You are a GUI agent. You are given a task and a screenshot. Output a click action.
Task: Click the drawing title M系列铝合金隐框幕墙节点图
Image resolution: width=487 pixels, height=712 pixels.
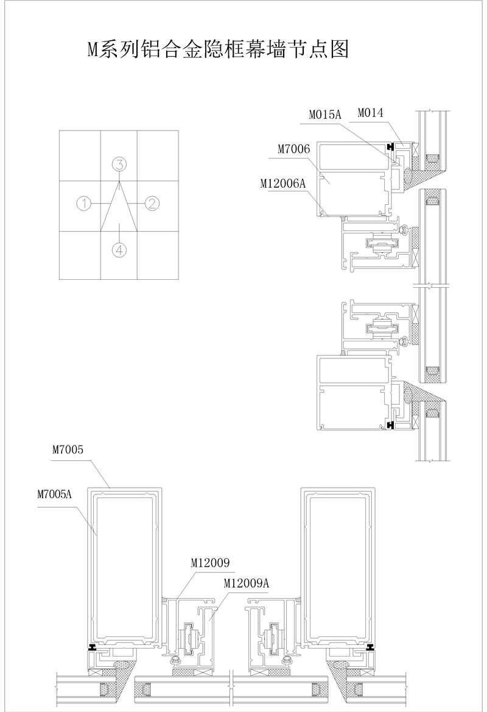[x=218, y=49]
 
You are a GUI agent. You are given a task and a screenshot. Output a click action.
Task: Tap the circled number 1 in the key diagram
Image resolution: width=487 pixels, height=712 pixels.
[x=85, y=203]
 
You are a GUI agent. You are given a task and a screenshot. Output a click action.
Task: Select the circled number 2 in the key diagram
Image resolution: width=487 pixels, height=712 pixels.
[x=152, y=203]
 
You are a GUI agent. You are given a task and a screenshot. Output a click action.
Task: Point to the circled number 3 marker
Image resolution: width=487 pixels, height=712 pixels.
[x=119, y=164]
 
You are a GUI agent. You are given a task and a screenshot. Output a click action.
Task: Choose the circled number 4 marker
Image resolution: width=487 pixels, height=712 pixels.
[x=119, y=249]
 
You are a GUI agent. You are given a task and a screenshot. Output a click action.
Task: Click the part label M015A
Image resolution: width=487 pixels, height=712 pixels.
[x=324, y=115]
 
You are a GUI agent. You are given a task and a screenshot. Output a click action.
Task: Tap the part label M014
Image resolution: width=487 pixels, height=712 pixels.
[x=371, y=113]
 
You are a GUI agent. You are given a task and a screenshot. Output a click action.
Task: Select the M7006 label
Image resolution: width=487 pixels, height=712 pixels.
[x=294, y=149]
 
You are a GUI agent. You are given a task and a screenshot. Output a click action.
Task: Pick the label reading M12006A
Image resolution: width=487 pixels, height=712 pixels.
[x=284, y=183]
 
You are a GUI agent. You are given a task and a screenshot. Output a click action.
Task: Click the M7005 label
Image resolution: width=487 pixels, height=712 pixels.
[x=68, y=450]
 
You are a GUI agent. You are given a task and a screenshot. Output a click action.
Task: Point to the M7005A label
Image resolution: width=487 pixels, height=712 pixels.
[x=55, y=494]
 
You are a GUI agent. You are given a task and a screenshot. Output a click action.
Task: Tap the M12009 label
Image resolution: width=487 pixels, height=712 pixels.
[x=210, y=563]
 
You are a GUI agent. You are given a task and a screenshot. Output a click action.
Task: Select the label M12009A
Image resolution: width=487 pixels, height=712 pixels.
[x=246, y=583]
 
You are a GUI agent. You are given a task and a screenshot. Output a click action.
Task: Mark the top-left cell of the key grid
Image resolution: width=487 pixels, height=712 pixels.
[x=80, y=156]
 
